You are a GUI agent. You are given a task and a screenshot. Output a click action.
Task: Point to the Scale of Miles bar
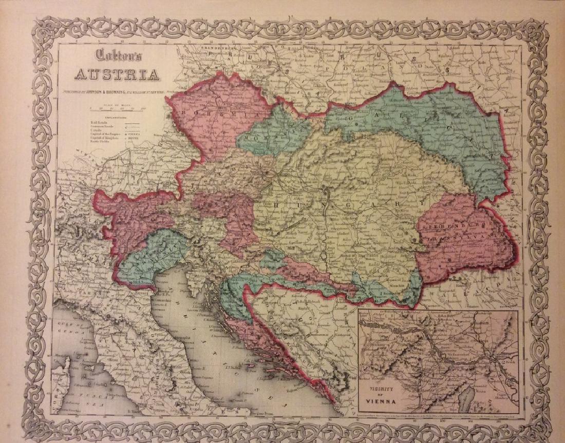click(x=118, y=108)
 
